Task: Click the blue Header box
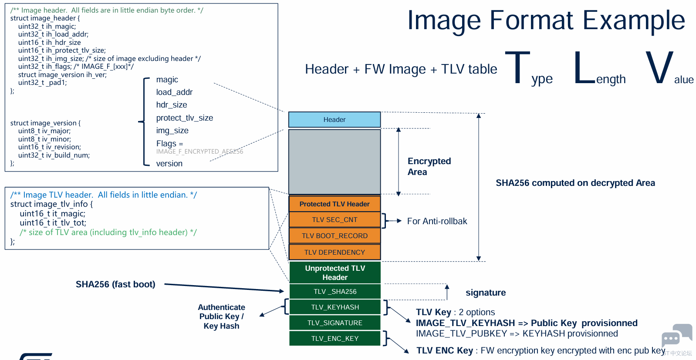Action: tap(334, 120)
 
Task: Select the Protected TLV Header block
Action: tap(334, 204)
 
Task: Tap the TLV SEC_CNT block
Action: tap(334, 219)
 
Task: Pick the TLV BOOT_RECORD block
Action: tap(334, 236)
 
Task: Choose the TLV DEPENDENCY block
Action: tap(334, 252)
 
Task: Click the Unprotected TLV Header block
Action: tap(334, 273)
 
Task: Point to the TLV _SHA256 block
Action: tap(334, 291)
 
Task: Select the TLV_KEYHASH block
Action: tap(334, 307)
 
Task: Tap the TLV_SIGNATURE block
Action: tap(334, 323)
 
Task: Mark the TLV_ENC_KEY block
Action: tap(334, 338)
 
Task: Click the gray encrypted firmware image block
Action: tap(334, 161)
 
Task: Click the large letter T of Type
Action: tap(517, 67)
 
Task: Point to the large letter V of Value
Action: tap(659, 67)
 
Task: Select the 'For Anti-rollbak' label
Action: tap(437, 221)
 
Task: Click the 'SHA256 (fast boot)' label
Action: tap(115, 284)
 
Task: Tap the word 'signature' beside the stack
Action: tap(486, 293)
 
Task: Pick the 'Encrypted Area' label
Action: tap(429, 166)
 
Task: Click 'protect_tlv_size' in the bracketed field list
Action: tap(185, 118)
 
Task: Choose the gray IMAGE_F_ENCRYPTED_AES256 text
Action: tap(199, 151)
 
